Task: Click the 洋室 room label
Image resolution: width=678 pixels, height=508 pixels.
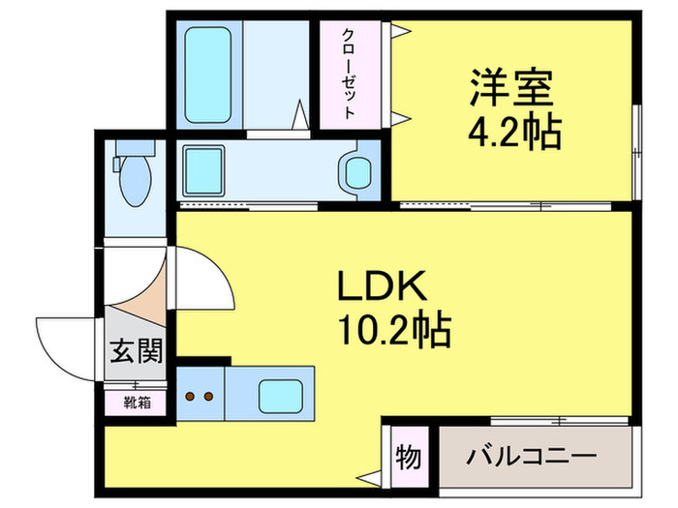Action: pyautogui.click(x=511, y=90)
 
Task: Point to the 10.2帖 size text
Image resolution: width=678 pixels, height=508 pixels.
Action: pyautogui.click(x=393, y=332)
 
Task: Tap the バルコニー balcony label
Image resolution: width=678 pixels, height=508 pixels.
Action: pyautogui.click(x=530, y=456)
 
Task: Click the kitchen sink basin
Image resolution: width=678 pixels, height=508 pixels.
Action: pyautogui.click(x=278, y=396)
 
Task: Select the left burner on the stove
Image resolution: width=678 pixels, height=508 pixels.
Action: pyautogui.click(x=191, y=396)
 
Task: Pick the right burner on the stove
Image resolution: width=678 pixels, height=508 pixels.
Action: pyautogui.click(x=208, y=396)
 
